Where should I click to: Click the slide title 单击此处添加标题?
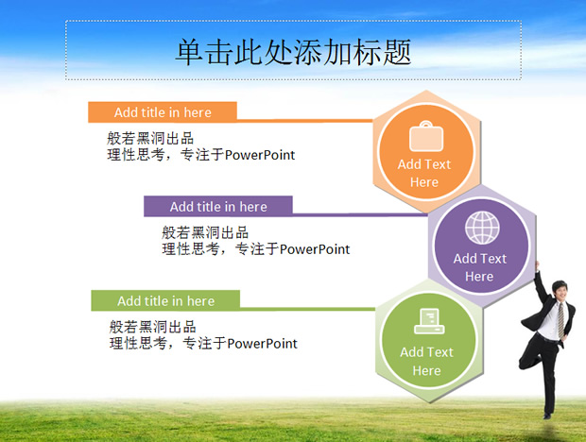293,51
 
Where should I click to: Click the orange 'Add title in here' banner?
163,112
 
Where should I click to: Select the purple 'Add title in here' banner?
218,207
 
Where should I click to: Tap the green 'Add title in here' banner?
165,301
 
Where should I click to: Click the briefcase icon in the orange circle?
424,138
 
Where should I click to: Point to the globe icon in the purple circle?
480,228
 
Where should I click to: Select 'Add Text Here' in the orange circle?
424,173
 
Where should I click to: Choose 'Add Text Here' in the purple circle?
479,267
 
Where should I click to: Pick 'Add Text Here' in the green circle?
426,361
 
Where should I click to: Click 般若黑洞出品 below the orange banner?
151,139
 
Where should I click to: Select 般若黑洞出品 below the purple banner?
206,233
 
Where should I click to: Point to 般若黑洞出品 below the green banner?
153,328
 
